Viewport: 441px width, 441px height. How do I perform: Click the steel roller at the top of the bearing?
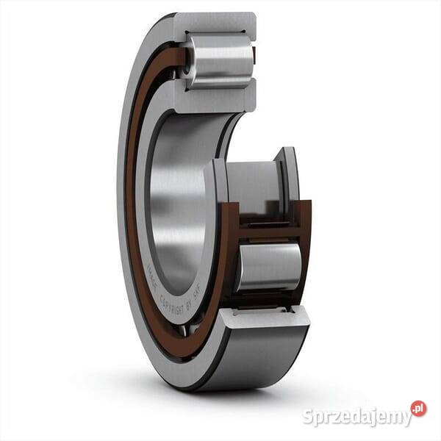pos(218,60)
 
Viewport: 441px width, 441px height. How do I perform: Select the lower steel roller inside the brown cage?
pos(268,265)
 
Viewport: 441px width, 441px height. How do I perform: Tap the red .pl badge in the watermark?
pos(418,409)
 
